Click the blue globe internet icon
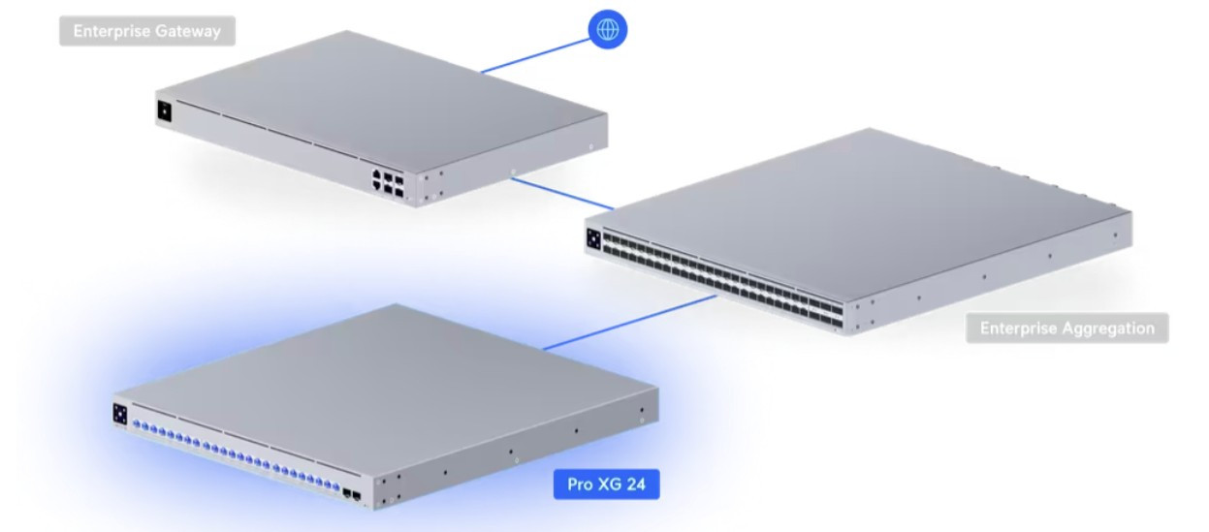point(607,29)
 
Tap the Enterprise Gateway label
point(147,31)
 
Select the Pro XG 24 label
point(606,484)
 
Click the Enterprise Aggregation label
point(1067,329)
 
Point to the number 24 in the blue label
point(635,484)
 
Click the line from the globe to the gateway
point(535,55)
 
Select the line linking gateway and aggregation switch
point(562,194)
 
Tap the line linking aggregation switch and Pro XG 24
point(630,322)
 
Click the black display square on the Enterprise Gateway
point(164,111)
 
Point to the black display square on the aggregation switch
point(593,239)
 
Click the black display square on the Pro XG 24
point(120,414)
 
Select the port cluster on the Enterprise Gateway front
point(388,183)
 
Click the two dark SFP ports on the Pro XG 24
point(352,495)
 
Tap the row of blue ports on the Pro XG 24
point(236,455)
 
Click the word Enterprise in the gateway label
point(111,31)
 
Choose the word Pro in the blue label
point(580,485)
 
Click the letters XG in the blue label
point(608,484)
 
